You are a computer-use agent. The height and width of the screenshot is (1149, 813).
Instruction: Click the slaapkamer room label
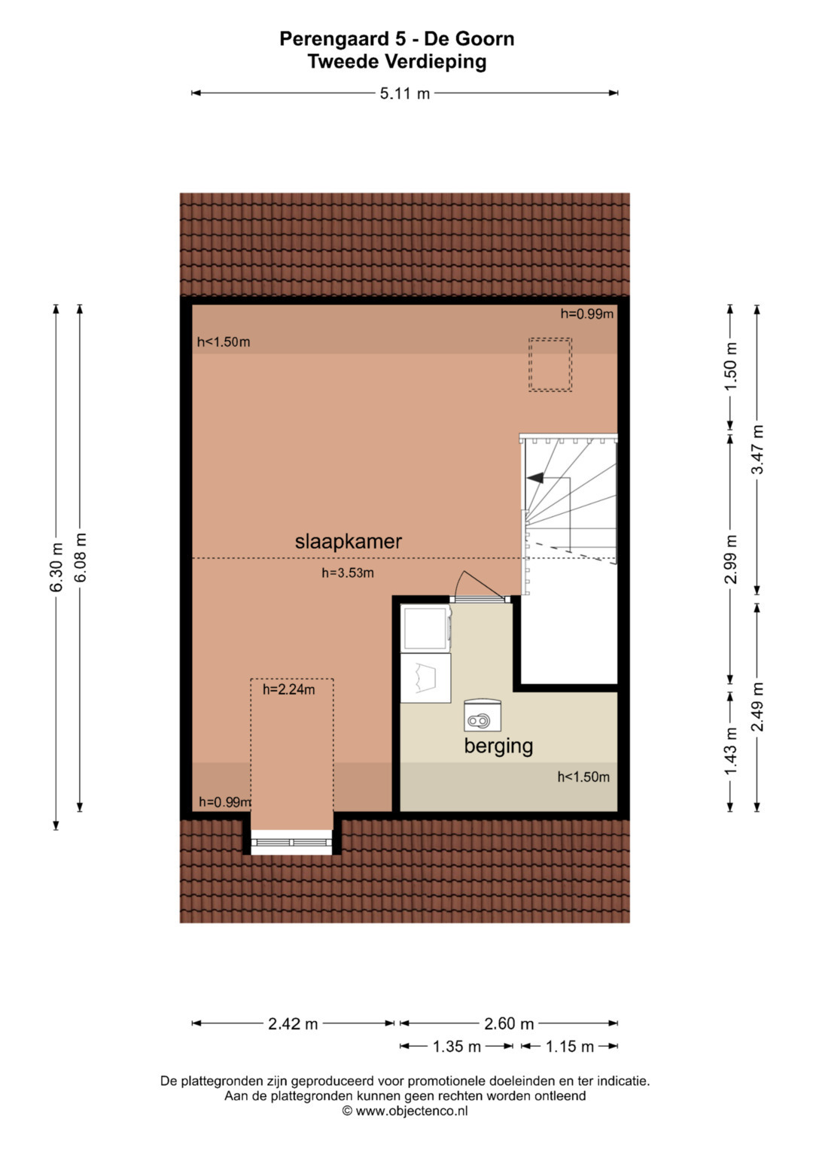[348, 542]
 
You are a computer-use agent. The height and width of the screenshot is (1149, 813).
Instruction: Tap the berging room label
[498, 746]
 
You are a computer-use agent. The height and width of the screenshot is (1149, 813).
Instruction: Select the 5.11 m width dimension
[404, 93]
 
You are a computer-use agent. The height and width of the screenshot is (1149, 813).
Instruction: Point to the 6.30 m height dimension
[56, 567]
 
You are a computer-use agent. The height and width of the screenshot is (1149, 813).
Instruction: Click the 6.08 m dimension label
[80, 558]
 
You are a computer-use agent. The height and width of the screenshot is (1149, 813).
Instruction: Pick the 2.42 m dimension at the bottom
[293, 1024]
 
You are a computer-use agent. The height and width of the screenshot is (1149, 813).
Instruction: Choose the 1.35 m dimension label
[457, 1047]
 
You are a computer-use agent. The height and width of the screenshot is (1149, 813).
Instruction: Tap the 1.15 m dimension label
[569, 1047]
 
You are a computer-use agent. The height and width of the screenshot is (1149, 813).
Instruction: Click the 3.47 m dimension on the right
[757, 449]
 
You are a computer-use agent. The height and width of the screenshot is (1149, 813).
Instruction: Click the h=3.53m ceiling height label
[348, 573]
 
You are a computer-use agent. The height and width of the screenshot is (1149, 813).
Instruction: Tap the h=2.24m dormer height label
[289, 689]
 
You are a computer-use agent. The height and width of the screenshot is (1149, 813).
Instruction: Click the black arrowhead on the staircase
[534, 478]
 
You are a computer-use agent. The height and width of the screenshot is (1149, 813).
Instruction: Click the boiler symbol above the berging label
[482, 715]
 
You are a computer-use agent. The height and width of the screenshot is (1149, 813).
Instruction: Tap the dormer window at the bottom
[291, 842]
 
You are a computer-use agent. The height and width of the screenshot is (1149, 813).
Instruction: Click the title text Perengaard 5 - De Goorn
[397, 39]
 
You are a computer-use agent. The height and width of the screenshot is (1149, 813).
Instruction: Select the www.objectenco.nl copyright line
[405, 1111]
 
